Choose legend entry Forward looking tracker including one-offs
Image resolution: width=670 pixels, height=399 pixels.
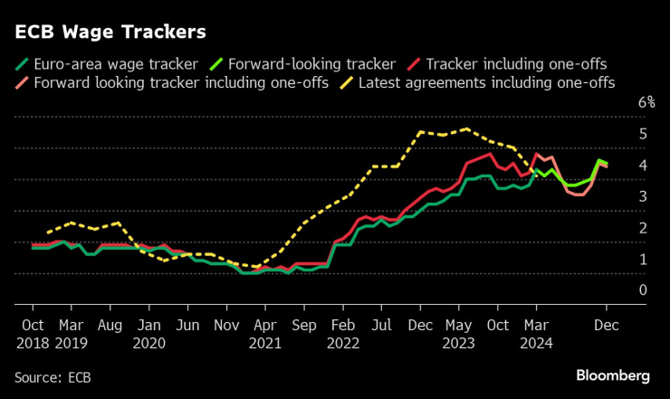tap(180, 82)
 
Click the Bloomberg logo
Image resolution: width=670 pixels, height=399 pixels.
tap(613, 375)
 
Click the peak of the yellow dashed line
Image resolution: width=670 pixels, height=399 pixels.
tap(465, 128)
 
